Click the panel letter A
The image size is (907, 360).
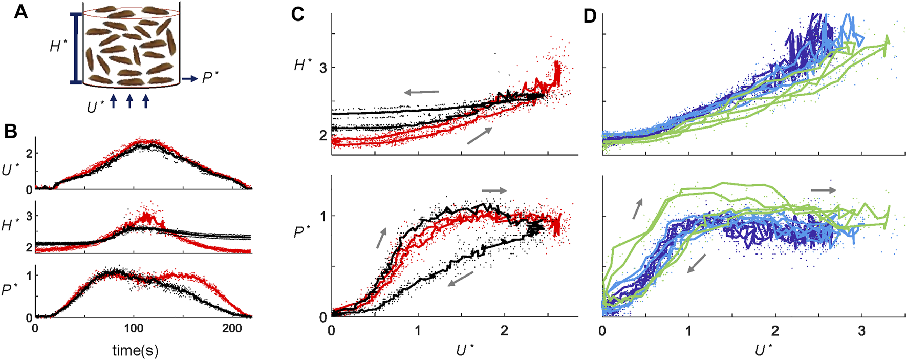tap(21, 12)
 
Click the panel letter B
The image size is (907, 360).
tap(11, 132)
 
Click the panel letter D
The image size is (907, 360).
tap(590, 16)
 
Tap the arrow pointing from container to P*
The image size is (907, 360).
tap(189, 79)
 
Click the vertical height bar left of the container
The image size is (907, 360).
tap(76, 48)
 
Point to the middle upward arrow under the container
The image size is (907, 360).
tap(129, 100)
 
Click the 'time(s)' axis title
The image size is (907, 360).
tap(136, 350)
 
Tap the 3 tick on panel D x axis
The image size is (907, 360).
tap(862, 330)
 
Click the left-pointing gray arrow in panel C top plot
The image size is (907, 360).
tap(421, 92)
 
